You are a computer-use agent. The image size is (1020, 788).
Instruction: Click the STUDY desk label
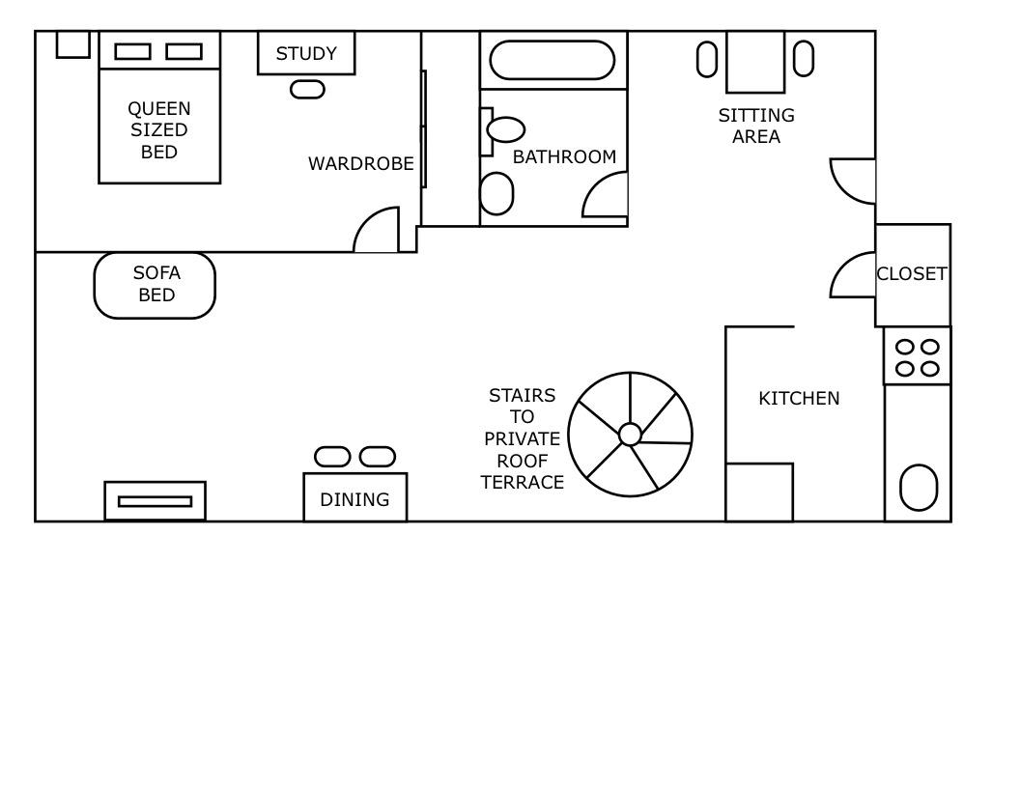point(306,53)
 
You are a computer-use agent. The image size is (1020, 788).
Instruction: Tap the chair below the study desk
point(307,89)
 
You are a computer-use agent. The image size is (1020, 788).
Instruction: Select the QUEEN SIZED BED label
point(159,129)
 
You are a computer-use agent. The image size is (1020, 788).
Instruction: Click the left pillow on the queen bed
point(132,51)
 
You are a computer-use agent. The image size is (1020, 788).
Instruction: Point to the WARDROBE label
point(360,164)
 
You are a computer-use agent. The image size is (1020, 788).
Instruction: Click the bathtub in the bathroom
point(552,60)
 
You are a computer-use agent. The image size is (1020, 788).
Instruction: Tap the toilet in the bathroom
point(496,194)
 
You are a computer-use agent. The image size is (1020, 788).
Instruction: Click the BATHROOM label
point(564,156)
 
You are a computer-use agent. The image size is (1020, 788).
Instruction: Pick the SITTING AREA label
point(756,126)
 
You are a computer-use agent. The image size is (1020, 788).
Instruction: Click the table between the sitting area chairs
point(755,62)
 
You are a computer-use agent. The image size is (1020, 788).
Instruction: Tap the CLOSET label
point(912,274)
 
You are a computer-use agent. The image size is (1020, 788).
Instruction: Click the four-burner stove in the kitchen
point(917,356)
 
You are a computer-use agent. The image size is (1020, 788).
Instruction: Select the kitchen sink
point(919,488)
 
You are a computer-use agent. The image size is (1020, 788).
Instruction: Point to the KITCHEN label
point(799,398)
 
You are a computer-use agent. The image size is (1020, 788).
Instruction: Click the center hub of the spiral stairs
point(630,435)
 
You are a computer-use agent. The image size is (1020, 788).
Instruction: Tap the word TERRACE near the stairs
point(522,483)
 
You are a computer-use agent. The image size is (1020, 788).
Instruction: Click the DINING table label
point(354,499)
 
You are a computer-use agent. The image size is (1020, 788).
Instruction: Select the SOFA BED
point(155,285)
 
